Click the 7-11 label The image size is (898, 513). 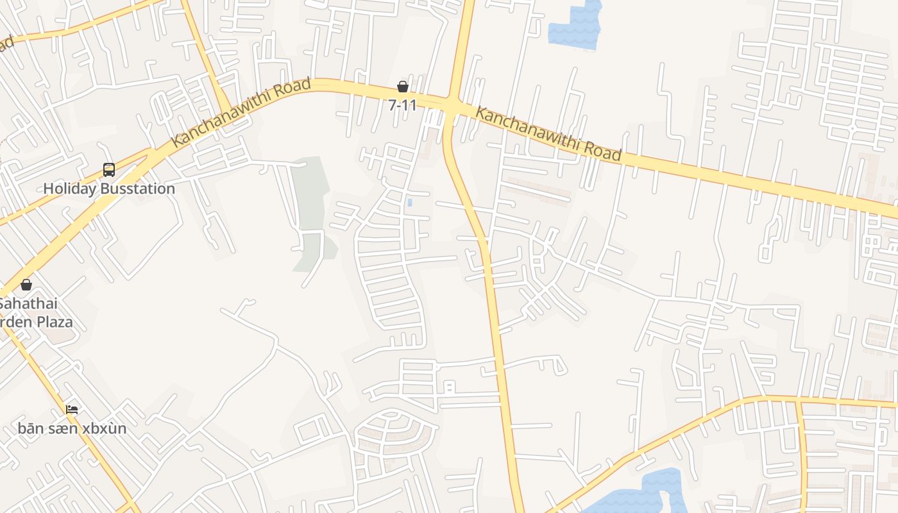(x=402, y=105)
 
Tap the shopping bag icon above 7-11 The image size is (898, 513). (x=403, y=87)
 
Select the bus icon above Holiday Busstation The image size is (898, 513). (x=109, y=170)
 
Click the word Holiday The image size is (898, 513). (x=69, y=189)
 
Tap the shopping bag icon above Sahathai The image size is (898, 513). (x=26, y=285)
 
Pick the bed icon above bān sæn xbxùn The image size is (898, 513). (x=72, y=409)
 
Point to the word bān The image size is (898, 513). (x=30, y=428)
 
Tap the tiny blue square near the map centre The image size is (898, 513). (x=410, y=203)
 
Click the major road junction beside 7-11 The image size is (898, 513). (x=453, y=105)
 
